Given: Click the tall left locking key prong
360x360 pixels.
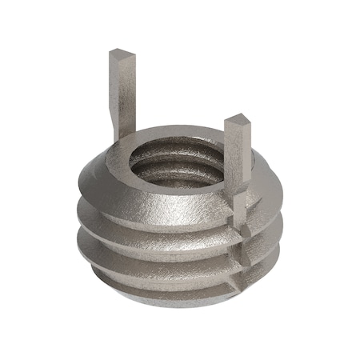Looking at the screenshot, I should click(118, 92).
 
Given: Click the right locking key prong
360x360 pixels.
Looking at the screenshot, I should click(238, 160).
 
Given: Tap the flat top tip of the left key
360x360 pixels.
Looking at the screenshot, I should click(118, 53).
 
